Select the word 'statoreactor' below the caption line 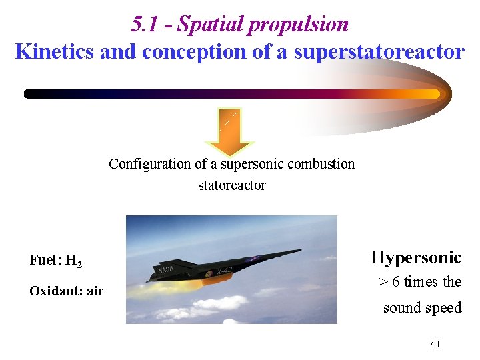[231, 185]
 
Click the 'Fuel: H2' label [56, 261]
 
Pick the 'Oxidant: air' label [66, 291]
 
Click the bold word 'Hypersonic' [415, 257]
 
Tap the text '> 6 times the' [420, 282]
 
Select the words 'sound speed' [422, 307]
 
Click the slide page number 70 [433, 344]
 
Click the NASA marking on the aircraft [166, 269]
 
